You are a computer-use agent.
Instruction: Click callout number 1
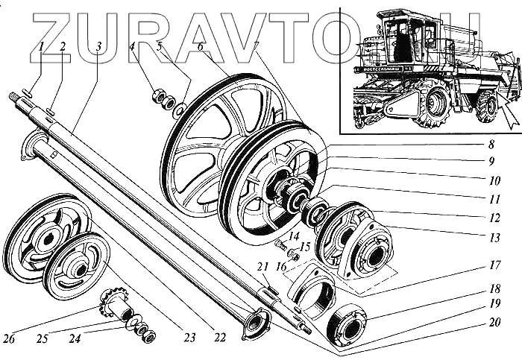click(43, 46)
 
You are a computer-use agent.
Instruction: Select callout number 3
click(98, 46)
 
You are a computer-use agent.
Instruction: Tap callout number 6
click(201, 46)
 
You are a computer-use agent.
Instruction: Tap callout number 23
click(189, 338)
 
